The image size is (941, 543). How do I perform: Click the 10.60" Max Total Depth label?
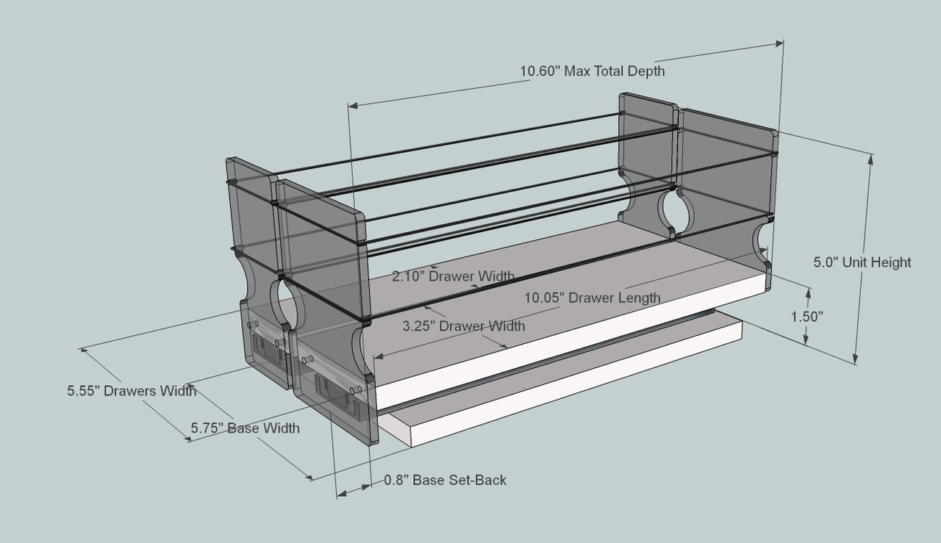click(x=592, y=71)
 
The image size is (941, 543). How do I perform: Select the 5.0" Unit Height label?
click(x=862, y=262)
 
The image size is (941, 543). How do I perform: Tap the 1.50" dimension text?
click(x=806, y=317)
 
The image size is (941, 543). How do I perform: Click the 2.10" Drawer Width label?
click(x=453, y=276)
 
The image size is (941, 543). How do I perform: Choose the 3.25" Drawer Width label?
click(x=463, y=326)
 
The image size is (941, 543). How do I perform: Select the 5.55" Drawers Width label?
click(x=132, y=391)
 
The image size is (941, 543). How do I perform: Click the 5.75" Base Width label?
click(x=245, y=428)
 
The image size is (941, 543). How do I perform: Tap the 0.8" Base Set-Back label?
click(x=445, y=481)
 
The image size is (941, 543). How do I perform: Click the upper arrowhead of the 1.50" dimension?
click(x=809, y=293)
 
